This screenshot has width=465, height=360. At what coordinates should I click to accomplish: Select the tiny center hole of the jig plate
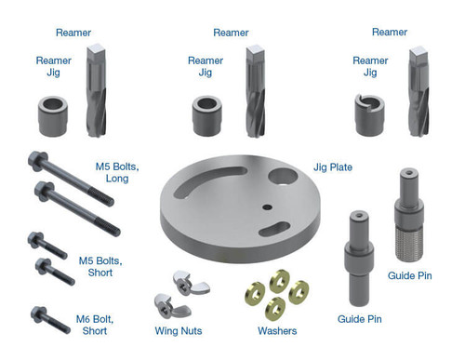pos(264,207)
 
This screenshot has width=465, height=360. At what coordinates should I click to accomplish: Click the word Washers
pos(276,331)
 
